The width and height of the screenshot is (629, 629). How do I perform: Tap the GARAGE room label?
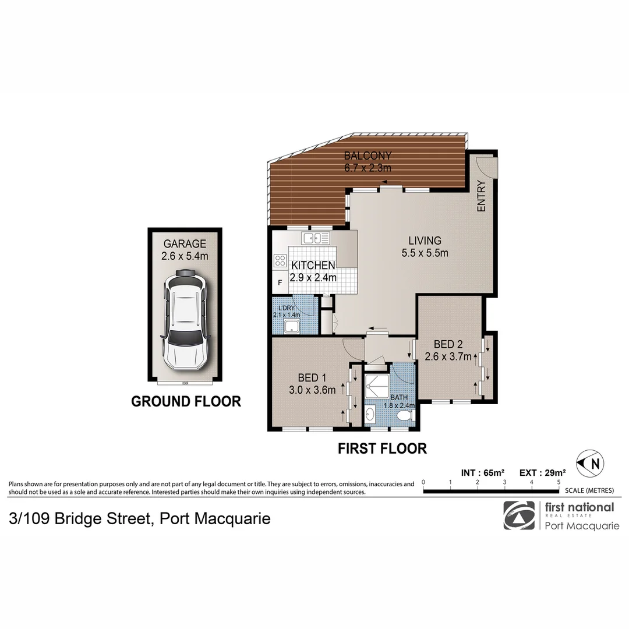coord(185,243)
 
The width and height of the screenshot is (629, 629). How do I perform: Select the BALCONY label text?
coord(367,156)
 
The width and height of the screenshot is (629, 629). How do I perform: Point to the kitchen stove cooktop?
coord(280,262)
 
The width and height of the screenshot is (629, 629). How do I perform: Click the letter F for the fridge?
coord(280,282)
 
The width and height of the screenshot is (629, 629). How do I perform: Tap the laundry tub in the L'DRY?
coord(291,328)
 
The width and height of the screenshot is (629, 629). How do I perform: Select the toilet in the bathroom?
coord(403,415)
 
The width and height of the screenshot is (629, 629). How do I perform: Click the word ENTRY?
coord(481,196)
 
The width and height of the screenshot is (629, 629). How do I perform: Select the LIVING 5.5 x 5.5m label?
coord(424,246)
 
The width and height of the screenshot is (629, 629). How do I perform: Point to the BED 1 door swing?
coord(353,348)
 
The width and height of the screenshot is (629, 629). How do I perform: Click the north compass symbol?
coord(589,463)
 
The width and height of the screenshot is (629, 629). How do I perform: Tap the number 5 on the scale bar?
coord(559,482)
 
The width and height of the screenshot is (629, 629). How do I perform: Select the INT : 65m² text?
coord(482,473)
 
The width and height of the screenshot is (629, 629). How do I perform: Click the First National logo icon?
coord(518,515)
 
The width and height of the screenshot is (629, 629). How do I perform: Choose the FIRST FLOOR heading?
coord(383,448)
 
